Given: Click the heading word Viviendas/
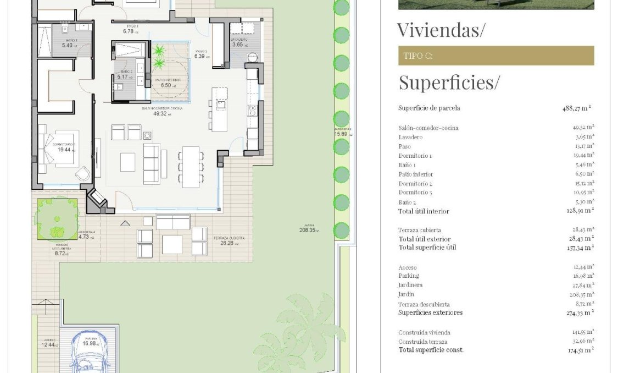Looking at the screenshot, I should [x=441, y=30].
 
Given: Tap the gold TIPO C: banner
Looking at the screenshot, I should [x=495, y=56].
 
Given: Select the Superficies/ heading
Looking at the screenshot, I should [x=449, y=83].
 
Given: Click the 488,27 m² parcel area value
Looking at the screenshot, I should [x=576, y=108].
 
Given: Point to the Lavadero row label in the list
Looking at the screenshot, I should [x=410, y=137].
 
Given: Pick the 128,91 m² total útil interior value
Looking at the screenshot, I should [x=580, y=211].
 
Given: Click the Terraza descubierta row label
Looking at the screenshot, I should [x=424, y=304].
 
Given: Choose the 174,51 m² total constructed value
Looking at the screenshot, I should [x=580, y=350].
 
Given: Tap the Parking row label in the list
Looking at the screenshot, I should [x=408, y=276].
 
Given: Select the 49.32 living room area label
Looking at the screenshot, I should [x=160, y=113].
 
